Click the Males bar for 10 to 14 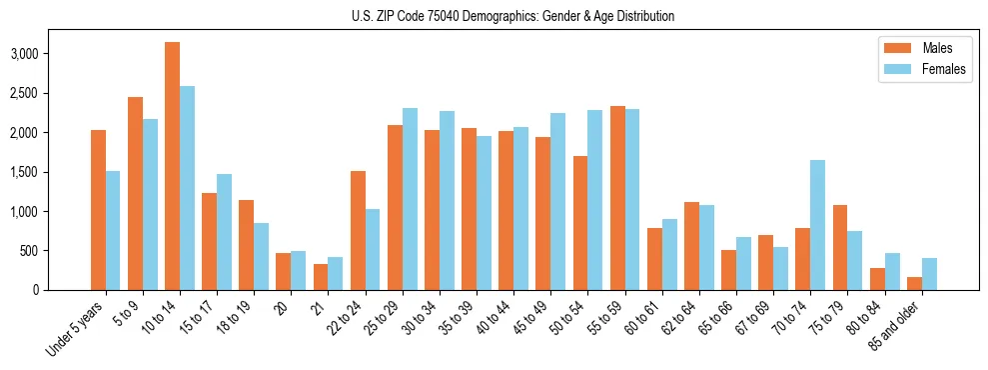pos(172,166)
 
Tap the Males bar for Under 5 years pos(98,210)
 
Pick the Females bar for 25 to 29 pos(410,199)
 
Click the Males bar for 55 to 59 pos(617,198)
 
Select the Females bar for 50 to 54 pos(594,200)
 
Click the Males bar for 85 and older pos(914,283)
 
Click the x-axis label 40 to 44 pos(496,313)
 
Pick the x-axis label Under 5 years pos(74,327)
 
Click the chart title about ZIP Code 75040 pos(512,16)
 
